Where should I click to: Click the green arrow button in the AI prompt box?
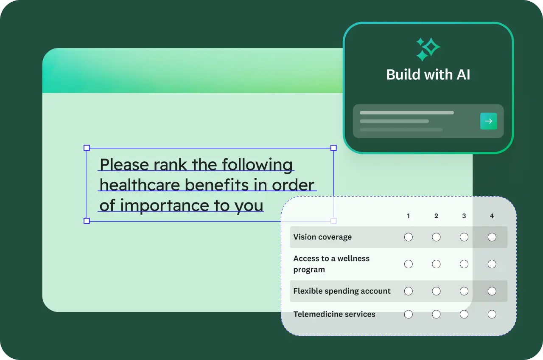pos(488,121)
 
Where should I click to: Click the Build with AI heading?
pos(428,74)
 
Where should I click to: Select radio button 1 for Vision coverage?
pos(409,237)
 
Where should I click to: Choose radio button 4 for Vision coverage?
pos(492,237)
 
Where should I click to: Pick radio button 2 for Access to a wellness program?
pos(436,264)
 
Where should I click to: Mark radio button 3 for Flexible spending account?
pos(464,291)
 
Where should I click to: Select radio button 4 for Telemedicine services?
pos(492,314)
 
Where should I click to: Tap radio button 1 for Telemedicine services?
pos(409,314)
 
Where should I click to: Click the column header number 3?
pos(464,216)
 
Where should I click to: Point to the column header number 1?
pos(409,216)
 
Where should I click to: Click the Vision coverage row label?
pos(322,237)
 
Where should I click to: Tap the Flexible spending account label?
pos(342,291)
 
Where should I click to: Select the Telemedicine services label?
pos(334,314)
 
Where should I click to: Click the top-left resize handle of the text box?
pos(87,148)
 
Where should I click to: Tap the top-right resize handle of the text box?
pos(333,148)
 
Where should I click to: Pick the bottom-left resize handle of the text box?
pos(87,221)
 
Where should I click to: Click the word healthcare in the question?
pos(140,185)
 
